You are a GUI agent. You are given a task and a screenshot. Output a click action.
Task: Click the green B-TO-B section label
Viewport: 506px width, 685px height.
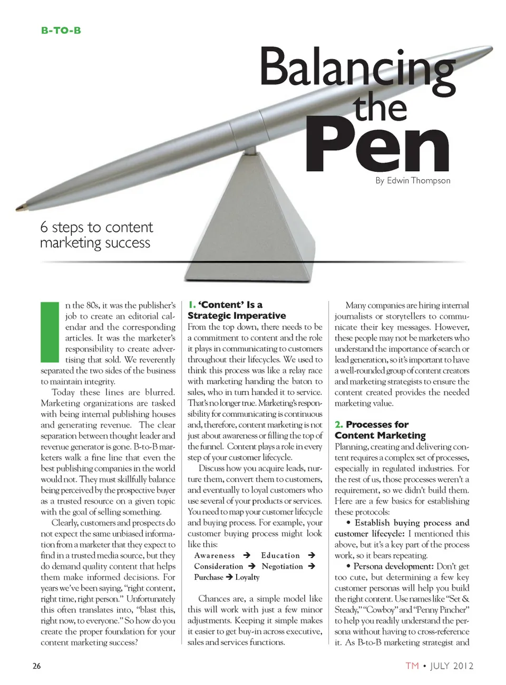point(61,31)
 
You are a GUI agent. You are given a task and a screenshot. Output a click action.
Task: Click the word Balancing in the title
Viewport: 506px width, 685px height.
point(357,68)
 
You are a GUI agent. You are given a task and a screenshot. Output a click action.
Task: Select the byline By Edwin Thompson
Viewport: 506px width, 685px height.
point(413,181)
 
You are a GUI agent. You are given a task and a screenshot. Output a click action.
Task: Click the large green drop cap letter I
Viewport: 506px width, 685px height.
point(50,332)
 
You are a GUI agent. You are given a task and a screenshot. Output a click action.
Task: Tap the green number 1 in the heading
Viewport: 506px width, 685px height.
point(191,305)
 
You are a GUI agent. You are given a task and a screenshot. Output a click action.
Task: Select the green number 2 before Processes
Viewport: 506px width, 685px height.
point(338,425)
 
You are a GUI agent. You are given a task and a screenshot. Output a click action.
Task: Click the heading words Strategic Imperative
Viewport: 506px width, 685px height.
point(237,316)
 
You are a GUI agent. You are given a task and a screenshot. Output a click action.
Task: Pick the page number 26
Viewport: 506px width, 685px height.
point(36,666)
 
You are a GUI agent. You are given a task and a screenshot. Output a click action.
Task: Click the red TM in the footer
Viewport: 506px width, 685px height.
point(412,666)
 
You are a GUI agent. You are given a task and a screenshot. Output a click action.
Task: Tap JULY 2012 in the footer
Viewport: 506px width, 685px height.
point(452,666)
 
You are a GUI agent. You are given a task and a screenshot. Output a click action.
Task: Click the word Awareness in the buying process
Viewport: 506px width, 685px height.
point(215,555)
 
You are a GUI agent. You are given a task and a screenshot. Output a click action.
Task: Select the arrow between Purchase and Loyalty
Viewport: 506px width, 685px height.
point(229,577)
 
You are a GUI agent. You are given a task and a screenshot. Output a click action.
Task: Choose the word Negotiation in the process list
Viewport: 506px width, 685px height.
point(282,566)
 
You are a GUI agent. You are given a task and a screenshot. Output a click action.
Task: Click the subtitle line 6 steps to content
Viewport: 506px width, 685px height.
point(96,228)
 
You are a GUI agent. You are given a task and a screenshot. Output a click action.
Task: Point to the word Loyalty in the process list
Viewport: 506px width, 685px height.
point(247,577)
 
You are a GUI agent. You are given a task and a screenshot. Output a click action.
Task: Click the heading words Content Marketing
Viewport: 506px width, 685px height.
point(380,436)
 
